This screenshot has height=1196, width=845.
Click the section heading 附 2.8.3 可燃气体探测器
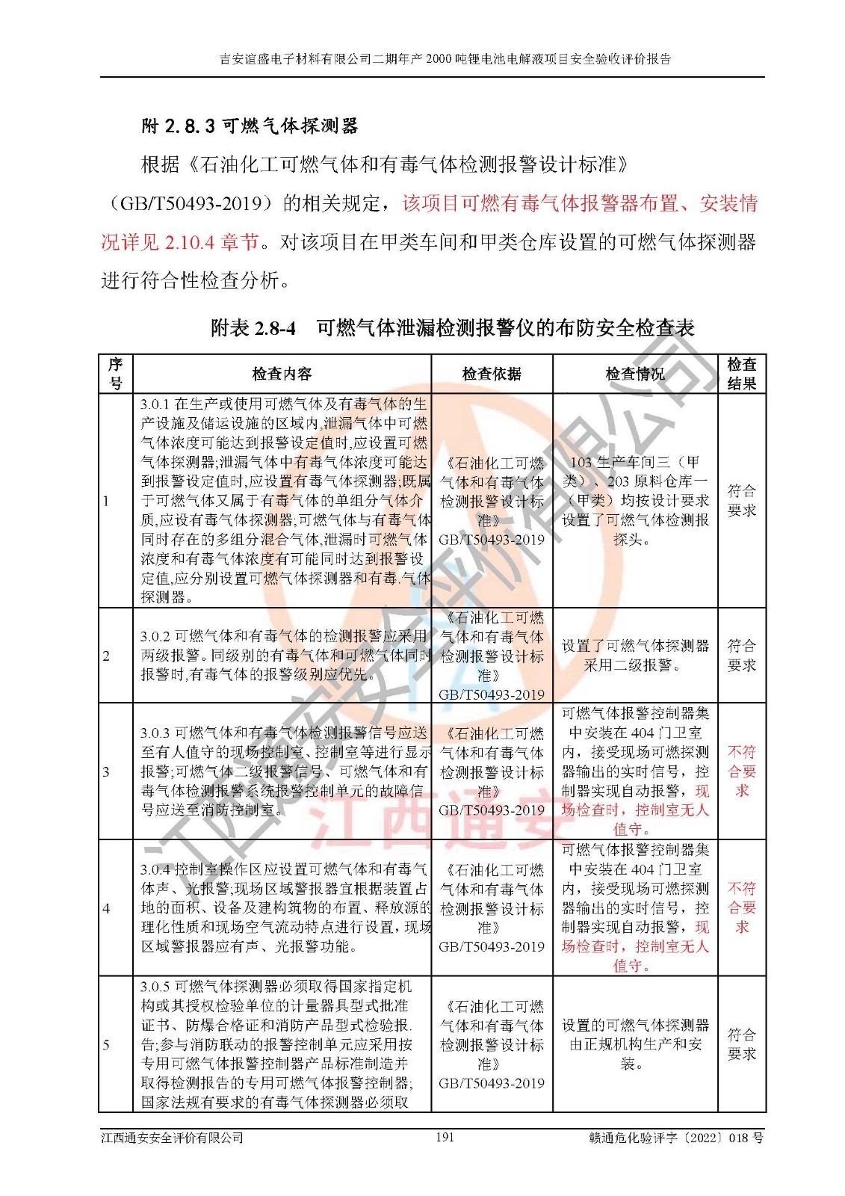[x=250, y=126]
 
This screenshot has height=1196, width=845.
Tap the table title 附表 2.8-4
[x=253, y=328]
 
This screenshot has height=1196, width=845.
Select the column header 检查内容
[x=282, y=374]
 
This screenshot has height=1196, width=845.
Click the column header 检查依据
[x=492, y=374]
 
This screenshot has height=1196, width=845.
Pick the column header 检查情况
[x=634, y=374]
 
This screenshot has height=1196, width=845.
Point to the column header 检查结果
[x=741, y=374]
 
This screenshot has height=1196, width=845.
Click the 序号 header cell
[x=115, y=374]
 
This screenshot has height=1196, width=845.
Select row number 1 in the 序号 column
[x=106, y=501]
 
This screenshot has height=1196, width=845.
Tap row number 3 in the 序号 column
[x=106, y=771]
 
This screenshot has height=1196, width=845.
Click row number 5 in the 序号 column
[x=106, y=1044]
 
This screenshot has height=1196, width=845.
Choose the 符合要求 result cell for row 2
[x=741, y=656]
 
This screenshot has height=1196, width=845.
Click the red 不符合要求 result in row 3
[x=741, y=771]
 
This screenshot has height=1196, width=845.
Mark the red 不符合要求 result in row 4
[x=741, y=907]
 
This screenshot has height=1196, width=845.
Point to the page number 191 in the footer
[x=445, y=1137]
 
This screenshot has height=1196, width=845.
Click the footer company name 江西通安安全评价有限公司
[x=173, y=1138]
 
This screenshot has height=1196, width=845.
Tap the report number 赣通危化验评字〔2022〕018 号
[x=675, y=1138]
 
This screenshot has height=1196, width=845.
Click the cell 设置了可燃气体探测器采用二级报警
[x=634, y=656]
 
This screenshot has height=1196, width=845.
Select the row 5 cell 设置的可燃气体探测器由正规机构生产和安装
[x=634, y=1044]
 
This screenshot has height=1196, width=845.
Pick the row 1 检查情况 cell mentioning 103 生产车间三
[x=634, y=501]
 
